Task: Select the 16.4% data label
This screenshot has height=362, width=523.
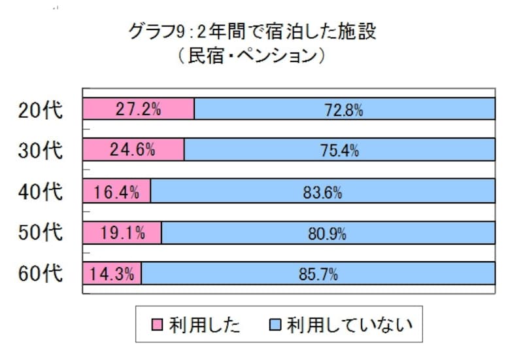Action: [x=116, y=192]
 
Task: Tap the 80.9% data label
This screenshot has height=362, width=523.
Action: [x=329, y=233]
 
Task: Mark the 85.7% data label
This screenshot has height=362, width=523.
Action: [x=319, y=274]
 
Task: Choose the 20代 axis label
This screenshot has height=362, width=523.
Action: [x=41, y=110]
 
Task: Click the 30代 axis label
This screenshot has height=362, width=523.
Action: [x=41, y=151]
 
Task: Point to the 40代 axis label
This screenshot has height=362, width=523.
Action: [x=41, y=192]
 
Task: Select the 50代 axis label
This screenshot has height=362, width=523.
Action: [x=41, y=233]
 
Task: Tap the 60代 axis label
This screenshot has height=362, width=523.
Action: [x=41, y=274]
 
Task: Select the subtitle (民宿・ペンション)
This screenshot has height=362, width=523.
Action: [x=252, y=57]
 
